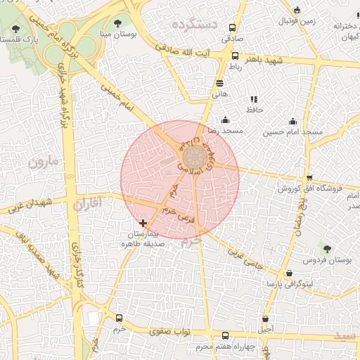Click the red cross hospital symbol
tap(143, 223)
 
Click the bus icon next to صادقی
tap(233, 27)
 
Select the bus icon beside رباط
tap(235, 56)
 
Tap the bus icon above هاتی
tap(219, 82)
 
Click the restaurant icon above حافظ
tap(254, 99)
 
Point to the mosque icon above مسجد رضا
tap(225, 120)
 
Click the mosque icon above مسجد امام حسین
tap(293, 121)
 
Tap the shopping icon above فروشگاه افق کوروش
tap(310, 177)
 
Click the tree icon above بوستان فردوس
tap(326, 247)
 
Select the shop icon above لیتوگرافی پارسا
tap(289, 273)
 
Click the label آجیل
tap(266, 328)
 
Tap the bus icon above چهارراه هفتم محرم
tap(225, 335)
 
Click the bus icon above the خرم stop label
tap(119, 318)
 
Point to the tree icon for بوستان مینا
tap(117, 23)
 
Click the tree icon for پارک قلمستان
tap(16, 29)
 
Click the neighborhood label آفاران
tap(87, 204)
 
